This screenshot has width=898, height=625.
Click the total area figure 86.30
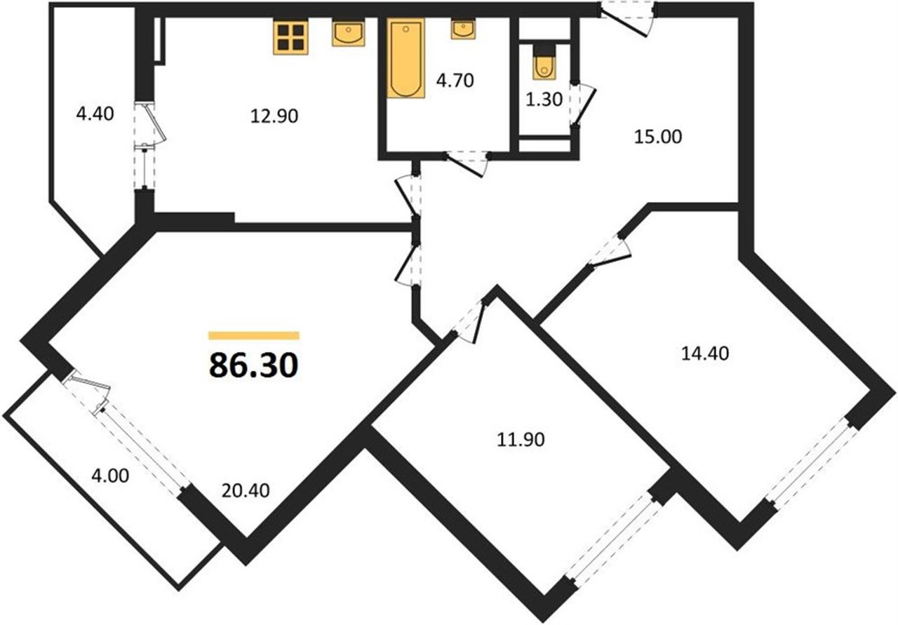[253, 365]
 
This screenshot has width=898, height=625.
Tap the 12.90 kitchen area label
[274, 116]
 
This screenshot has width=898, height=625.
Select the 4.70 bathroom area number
[455, 81]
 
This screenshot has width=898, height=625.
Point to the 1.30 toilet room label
[544, 100]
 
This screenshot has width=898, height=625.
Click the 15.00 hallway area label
[658, 137]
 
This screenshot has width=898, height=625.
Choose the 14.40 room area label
[705, 354]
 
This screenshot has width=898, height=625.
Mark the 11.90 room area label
[521, 440]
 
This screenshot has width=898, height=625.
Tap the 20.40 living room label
[246, 491]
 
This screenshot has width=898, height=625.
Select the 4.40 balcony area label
[95, 114]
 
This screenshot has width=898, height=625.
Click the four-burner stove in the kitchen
[290, 37]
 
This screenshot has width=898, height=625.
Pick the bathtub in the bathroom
[406, 58]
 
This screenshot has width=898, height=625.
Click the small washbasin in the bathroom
[464, 29]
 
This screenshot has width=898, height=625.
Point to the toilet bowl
[544, 68]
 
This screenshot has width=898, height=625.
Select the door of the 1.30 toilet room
[582, 105]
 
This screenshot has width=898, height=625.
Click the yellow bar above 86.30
[254, 335]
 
